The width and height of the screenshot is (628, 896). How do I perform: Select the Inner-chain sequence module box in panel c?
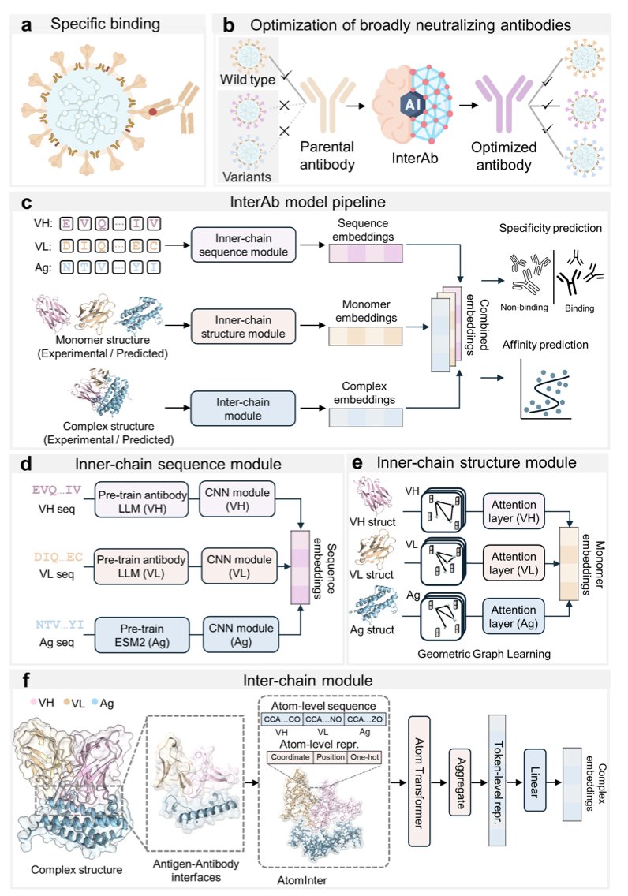tap(244, 245)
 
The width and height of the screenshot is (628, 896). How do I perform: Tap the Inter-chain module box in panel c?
tap(243, 409)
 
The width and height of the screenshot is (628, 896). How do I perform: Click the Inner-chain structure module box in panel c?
tap(243, 327)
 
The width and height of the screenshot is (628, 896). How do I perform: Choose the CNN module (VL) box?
tap(239, 566)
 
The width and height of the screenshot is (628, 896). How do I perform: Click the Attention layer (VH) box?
tap(514, 511)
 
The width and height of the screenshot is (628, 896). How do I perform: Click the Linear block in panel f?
tap(534, 781)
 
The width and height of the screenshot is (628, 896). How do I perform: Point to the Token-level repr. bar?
tap(497, 780)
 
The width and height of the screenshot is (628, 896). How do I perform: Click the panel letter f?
tap(26, 680)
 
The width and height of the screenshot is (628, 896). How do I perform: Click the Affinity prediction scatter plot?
tap(546, 389)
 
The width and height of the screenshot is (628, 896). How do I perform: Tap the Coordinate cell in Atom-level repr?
tap(290, 756)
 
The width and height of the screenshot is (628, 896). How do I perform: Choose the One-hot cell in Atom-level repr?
tap(365, 756)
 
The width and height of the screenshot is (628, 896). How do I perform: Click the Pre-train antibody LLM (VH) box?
tap(142, 501)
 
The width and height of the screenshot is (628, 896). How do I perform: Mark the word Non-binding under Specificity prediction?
tap(524, 307)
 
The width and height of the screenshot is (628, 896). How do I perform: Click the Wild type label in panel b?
tap(248, 80)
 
